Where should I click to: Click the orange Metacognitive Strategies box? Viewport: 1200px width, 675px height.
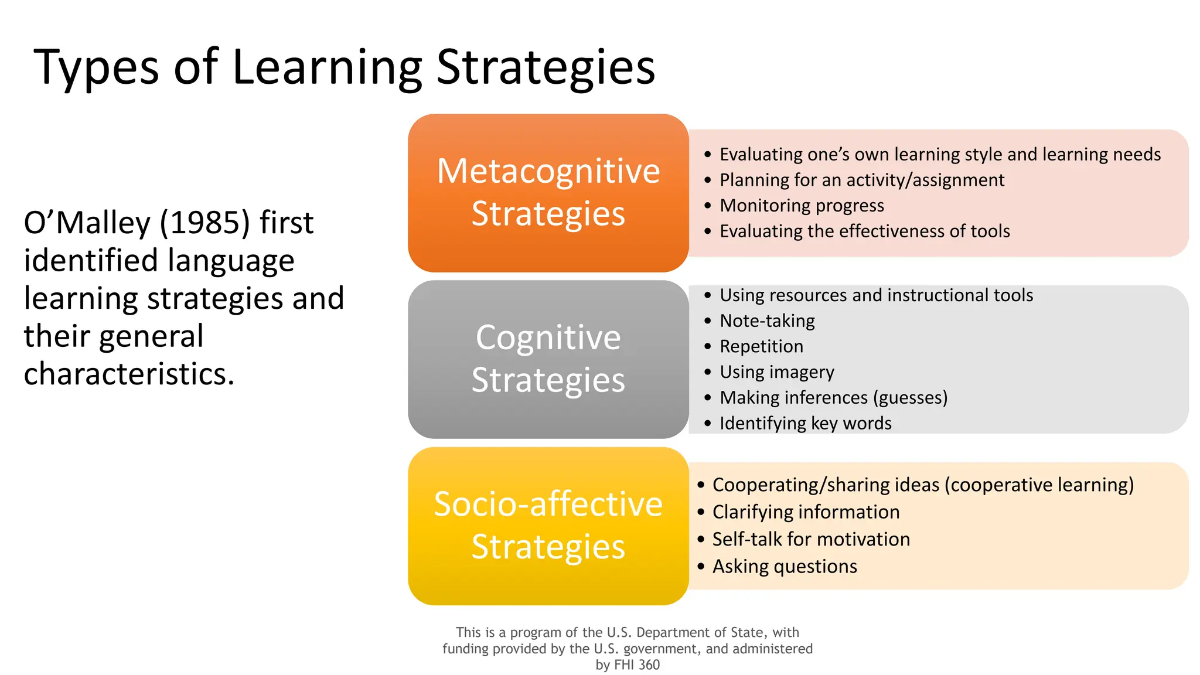pyautogui.click(x=548, y=192)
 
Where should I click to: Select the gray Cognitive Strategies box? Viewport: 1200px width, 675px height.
pyautogui.click(x=548, y=359)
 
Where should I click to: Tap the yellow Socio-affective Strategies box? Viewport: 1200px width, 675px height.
pyautogui.click(x=548, y=526)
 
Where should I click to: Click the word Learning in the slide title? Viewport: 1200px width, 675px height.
pyautogui.click(x=327, y=68)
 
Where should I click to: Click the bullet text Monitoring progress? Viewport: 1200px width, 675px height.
pyautogui.click(x=802, y=206)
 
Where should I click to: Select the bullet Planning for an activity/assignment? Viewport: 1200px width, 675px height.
pyautogui.click(x=861, y=180)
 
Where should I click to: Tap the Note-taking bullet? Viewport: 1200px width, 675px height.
pyautogui.click(x=767, y=321)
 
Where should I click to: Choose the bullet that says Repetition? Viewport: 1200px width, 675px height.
pyautogui.click(x=761, y=346)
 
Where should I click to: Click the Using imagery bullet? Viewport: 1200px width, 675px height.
pyautogui.click(x=776, y=372)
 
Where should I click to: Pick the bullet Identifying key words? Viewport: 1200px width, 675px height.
pyautogui.click(x=805, y=423)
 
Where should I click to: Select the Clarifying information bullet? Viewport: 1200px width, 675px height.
pyautogui.click(x=806, y=512)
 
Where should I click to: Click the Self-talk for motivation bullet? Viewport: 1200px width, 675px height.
pyautogui.click(x=811, y=539)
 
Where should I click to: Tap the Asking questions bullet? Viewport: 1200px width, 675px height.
pyautogui.click(x=785, y=567)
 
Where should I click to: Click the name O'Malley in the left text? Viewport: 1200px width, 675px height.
pyautogui.click(x=87, y=223)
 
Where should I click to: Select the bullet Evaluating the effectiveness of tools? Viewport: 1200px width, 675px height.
pyautogui.click(x=864, y=231)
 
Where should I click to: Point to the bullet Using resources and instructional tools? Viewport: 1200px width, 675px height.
pyautogui.click(x=876, y=295)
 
